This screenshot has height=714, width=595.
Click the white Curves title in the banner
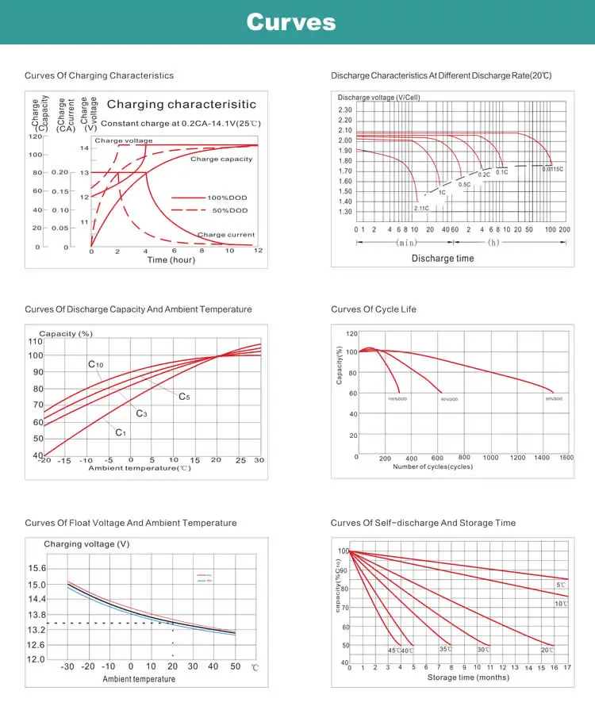(290, 22)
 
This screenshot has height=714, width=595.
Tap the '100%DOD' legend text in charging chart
(228, 197)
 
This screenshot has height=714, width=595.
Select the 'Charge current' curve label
(226, 235)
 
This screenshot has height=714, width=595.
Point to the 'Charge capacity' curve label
(221, 159)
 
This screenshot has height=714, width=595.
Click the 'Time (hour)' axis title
(171, 260)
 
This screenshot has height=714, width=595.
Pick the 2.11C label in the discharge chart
(420, 208)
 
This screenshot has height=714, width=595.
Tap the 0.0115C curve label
(552, 169)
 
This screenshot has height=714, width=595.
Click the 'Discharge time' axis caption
(443, 258)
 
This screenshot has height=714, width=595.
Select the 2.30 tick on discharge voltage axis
(344, 110)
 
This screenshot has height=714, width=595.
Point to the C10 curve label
(95, 364)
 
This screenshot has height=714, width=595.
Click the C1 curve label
(121, 432)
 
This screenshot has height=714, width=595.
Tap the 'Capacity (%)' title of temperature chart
(66, 334)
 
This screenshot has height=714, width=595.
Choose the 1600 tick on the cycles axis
(566, 458)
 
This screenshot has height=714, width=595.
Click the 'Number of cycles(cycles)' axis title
(432, 467)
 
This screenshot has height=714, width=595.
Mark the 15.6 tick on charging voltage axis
(36, 569)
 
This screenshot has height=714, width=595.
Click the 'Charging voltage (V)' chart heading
(86, 544)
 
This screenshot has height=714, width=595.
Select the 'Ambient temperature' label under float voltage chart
(139, 679)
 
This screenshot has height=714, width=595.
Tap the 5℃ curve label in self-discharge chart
(560, 585)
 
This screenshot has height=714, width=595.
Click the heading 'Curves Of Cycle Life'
(373, 309)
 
